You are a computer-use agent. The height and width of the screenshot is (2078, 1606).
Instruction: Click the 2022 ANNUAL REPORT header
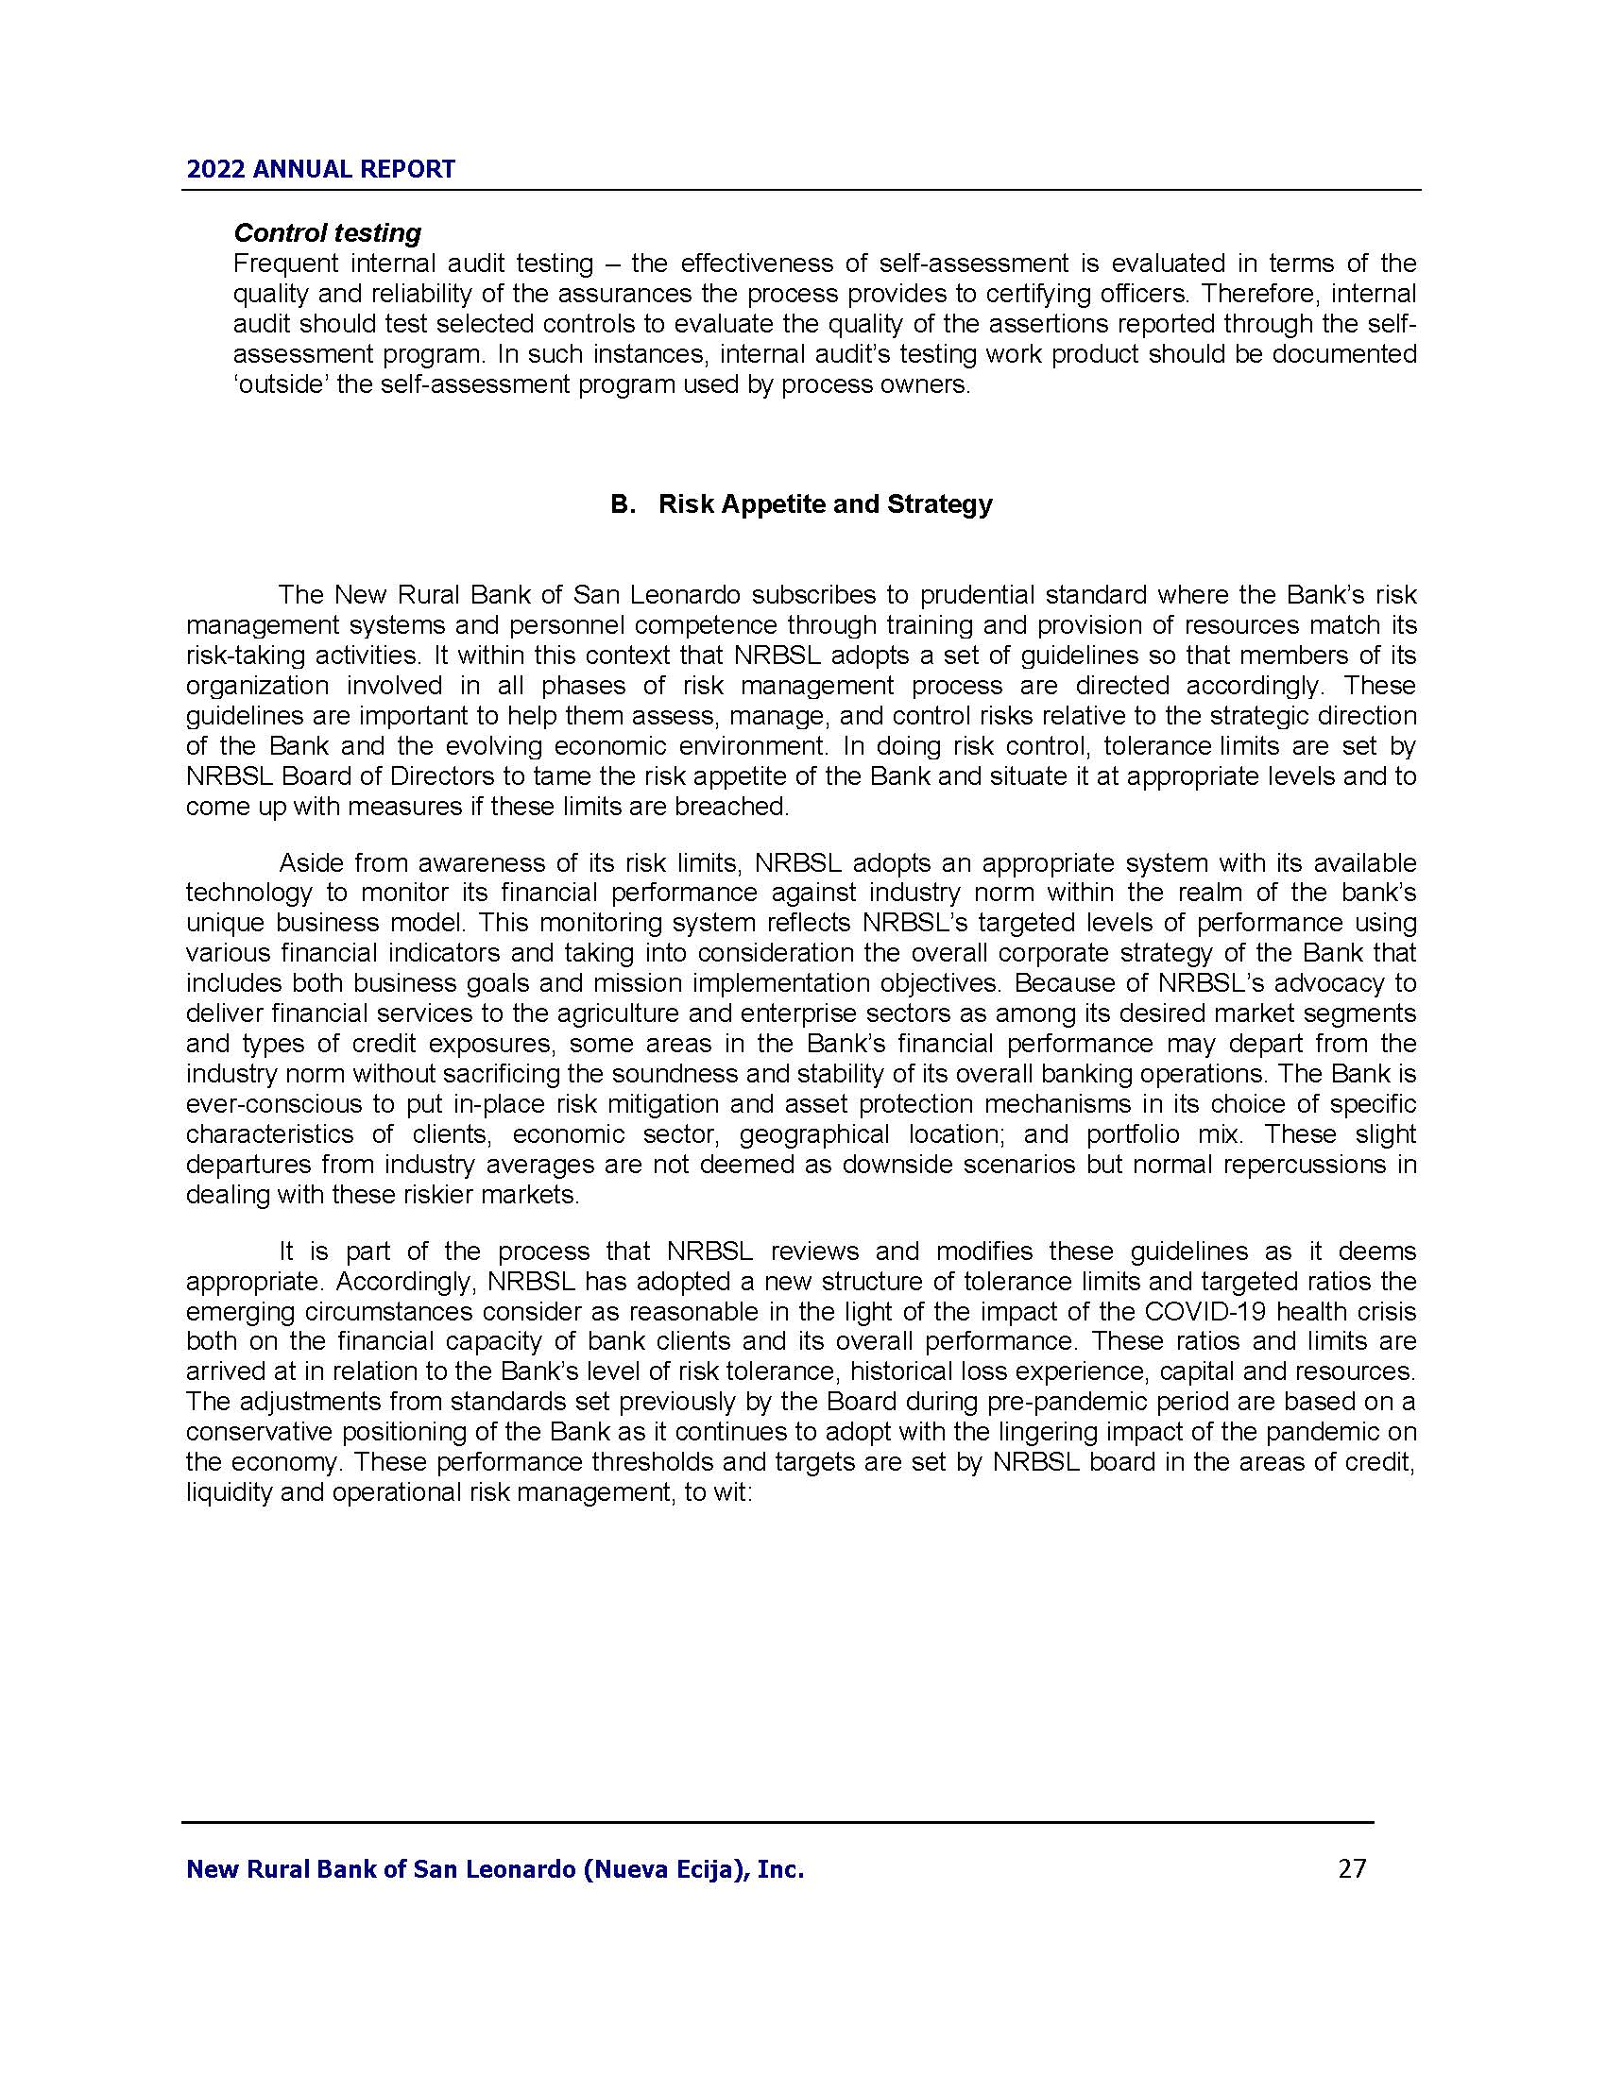(x=320, y=169)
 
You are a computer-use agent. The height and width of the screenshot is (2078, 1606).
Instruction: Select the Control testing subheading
(x=327, y=233)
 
